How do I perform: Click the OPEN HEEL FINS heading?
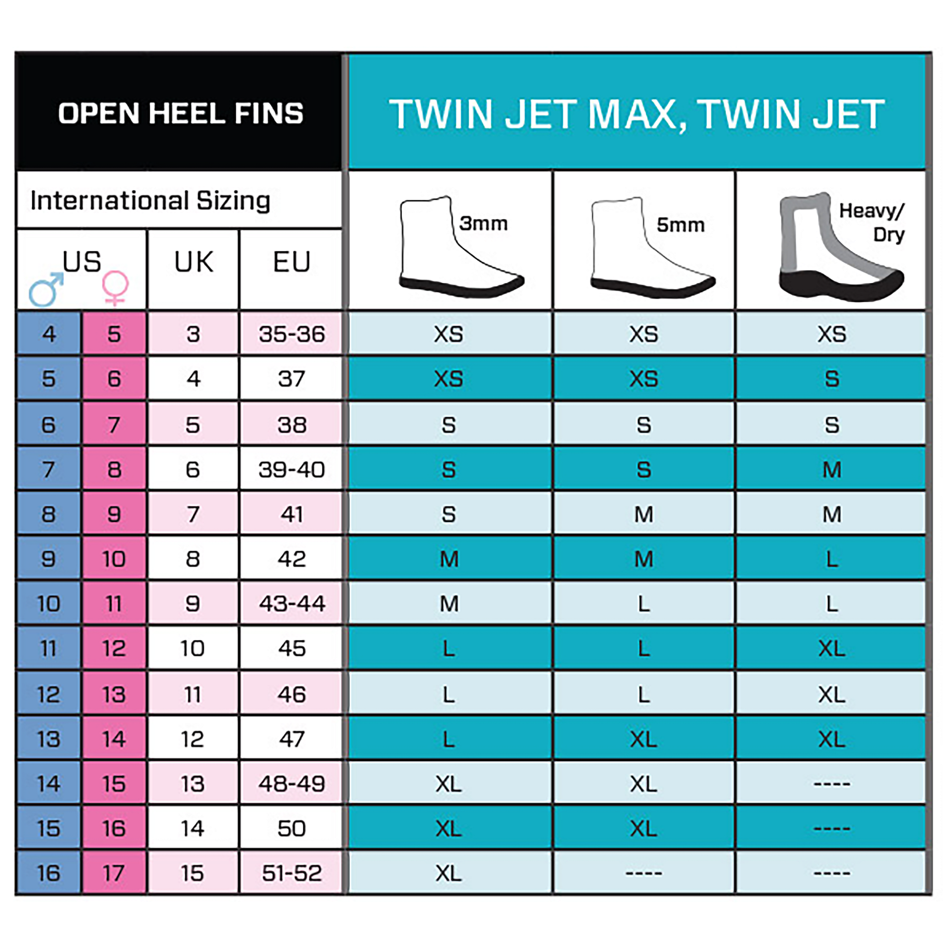[181, 114]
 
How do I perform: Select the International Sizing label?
[150, 200]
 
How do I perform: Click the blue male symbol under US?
[46, 289]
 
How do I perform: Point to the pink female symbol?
[115, 288]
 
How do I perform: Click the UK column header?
[194, 261]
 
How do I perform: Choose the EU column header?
[291, 261]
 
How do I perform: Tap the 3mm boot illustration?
[461, 247]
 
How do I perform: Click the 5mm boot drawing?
[652, 248]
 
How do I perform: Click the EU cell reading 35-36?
[292, 334]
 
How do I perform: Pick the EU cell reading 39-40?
[292, 469]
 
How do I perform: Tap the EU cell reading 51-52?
[292, 873]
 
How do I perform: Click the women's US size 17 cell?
[114, 873]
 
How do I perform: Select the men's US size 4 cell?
[49, 334]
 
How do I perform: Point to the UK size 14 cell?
[193, 829]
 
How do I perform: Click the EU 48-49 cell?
[292, 784]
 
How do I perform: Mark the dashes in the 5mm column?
[644, 873]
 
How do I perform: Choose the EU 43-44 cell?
[292, 603]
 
